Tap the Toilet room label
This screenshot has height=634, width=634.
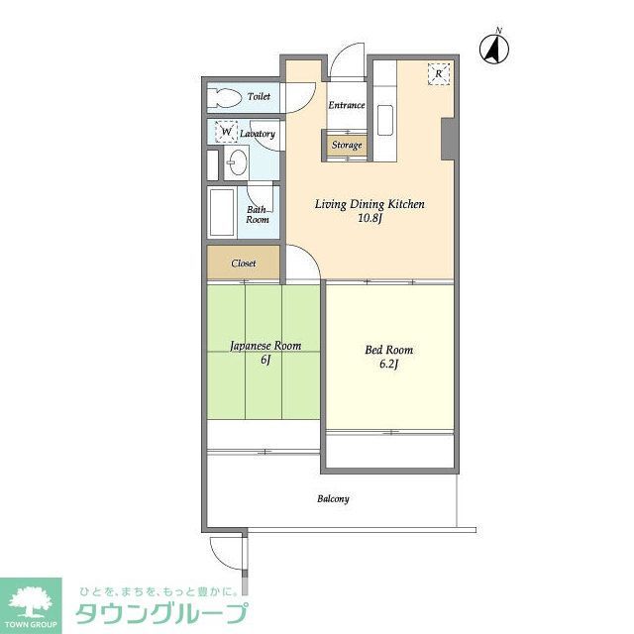260,97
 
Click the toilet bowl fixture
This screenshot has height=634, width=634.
225,97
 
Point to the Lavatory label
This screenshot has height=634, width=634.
258,133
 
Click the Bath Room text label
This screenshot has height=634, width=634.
258,214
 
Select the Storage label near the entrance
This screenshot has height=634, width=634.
346,146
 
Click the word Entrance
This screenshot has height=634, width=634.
346,105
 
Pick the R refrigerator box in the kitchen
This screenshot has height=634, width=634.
438,73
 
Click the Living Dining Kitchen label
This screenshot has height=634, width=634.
370,204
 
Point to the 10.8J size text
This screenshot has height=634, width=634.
370,219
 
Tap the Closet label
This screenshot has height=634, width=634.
244,264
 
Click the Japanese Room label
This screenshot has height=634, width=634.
264,346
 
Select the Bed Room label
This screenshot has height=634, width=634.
389,350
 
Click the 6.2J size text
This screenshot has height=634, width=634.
389,365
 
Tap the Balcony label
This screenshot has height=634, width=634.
333,499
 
